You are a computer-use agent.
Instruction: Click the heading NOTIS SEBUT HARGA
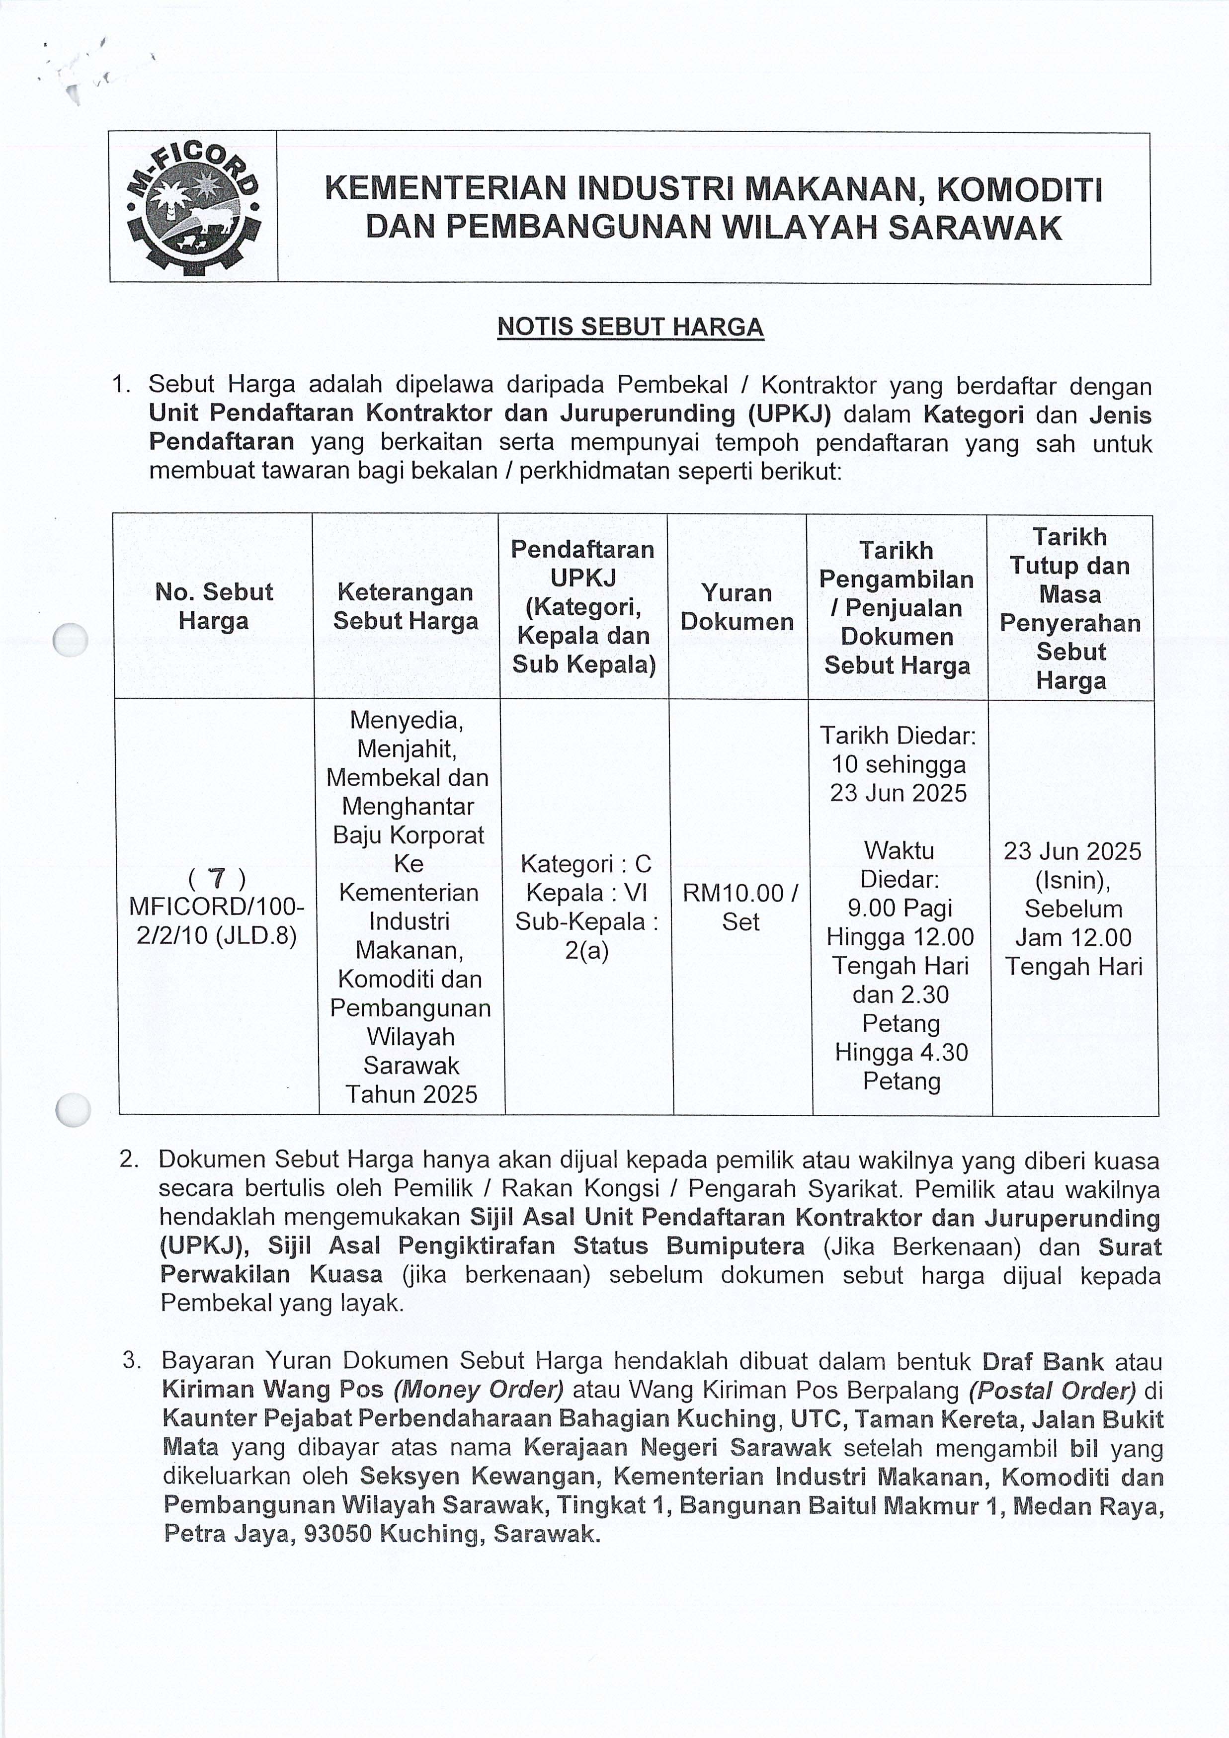pyautogui.click(x=630, y=327)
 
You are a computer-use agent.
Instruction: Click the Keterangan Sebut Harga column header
pyautogui.click(x=407, y=606)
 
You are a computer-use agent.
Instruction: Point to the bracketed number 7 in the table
pyautogui.click(x=217, y=878)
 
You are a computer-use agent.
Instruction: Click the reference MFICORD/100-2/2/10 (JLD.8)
pyautogui.click(x=217, y=921)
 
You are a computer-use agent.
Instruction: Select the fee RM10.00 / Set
pyautogui.click(x=740, y=908)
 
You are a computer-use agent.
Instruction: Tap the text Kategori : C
pyautogui.click(x=586, y=864)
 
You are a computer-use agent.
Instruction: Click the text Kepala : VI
pyautogui.click(x=586, y=893)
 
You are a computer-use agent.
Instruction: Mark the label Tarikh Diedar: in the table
pyautogui.click(x=899, y=735)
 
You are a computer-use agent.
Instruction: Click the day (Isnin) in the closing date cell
pyautogui.click(x=1072, y=880)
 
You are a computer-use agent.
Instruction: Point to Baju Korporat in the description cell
pyautogui.click(x=409, y=835)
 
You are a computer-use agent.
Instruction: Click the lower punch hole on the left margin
pyautogui.click(x=74, y=1110)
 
